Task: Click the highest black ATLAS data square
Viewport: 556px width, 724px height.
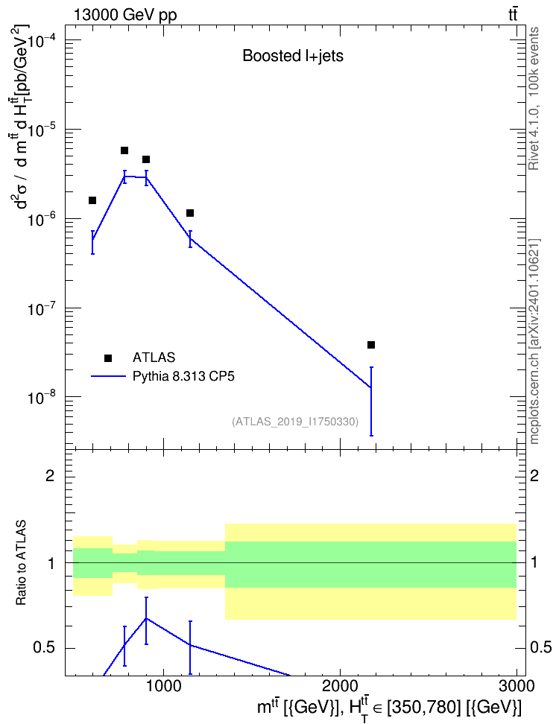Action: (x=124, y=150)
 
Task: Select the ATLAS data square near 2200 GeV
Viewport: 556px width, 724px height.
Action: (x=370, y=345)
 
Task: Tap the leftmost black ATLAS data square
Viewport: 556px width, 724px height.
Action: (x=92, y=200)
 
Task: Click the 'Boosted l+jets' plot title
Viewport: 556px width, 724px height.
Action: (x=293, y=57)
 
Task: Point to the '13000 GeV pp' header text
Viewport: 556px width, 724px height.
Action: (x=124, y=15)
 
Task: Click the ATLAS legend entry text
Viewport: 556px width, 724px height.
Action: (x=154, y=358)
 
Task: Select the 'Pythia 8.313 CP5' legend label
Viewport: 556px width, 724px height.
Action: (x=183, y=376)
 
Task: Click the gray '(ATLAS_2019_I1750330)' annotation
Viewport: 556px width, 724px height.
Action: (x=295, y=422)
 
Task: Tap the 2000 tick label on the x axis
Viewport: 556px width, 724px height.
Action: (x=340, y=686)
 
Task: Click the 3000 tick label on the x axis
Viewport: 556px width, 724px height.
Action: (x=516, y=686)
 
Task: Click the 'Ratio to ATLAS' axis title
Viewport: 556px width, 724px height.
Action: (x=21, y=563)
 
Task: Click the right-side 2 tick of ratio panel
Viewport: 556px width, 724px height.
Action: (x=534, y=475)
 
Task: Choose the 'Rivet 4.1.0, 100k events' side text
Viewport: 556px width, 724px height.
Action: (x=534, y=98)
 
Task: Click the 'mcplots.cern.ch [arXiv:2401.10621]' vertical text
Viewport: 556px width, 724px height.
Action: (x=534, y=341)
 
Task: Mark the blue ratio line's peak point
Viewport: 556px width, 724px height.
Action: (x=146, y=617)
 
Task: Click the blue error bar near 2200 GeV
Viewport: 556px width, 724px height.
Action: (x=370, y=401)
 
